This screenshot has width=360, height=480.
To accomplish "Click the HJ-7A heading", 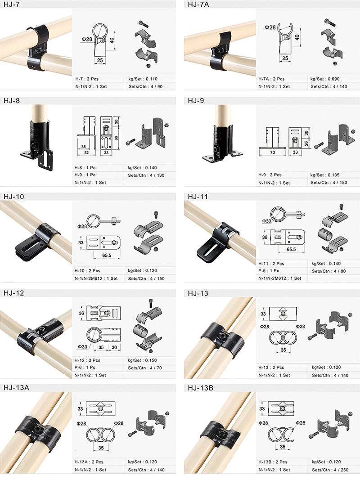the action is (198, 4).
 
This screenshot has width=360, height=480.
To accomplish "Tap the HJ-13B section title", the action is (201, 388).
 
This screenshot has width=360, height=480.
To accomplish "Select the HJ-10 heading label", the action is (14, 197).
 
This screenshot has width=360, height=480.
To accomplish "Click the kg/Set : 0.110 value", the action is (143, 79).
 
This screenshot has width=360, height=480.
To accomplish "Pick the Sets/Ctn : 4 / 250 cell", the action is (330, 470).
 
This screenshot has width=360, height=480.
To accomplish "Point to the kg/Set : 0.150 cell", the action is (142, 360).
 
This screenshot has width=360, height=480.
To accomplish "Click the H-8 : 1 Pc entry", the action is (85, 168).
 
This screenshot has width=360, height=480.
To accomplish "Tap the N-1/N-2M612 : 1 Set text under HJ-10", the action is (96, 278).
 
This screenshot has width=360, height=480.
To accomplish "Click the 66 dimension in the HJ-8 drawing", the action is (117, 138).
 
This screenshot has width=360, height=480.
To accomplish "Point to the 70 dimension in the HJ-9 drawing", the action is (272, 153).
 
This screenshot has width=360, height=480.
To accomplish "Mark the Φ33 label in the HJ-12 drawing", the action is (82, 347).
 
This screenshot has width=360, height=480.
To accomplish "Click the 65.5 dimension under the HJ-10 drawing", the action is (107, 255).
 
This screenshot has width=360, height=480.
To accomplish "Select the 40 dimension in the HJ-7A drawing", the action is (297, 37).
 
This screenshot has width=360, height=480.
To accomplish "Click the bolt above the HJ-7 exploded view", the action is (142, 23).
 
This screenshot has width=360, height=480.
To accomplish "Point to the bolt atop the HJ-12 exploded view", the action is (151, 303).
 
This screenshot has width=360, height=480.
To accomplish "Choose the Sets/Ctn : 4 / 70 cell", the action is (145, 368).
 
